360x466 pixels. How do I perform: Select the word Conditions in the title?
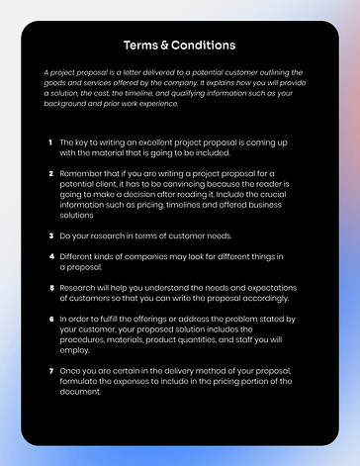pos(203,45)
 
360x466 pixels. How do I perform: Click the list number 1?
pos(50,142)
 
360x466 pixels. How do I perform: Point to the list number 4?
pos(50,256)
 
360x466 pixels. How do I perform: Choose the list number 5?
pos(50,289)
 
